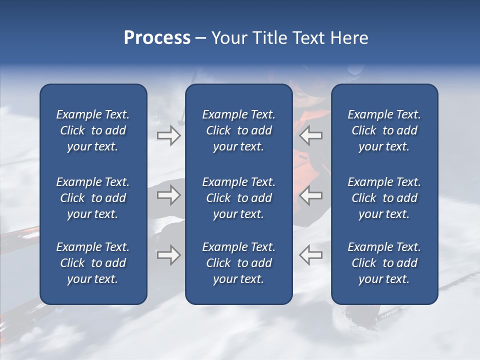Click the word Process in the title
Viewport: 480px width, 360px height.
click(x=157, y=38)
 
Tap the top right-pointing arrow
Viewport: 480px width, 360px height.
click(x=169, y=135)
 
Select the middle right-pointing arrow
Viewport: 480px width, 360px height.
click(x=169, y=195)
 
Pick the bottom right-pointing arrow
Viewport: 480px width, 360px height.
click(x=169, y=255)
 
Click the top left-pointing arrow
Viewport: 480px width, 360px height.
click(x=310, y=135)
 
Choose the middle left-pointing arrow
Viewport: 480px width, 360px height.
click(x=310, y=195)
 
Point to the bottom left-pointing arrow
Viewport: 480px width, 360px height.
click(x=310, y=255)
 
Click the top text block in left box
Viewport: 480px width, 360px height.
click(x=93, y=130)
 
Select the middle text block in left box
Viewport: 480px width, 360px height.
click(x=93, y=198)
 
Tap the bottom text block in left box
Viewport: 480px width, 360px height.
click(x=93, y=263)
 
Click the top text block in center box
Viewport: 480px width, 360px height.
click(x=238, y=130)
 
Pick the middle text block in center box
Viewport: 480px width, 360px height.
click(x=238, y=198)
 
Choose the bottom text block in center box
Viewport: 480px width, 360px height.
click(x=238, y=263)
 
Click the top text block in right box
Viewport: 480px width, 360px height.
click(x=384, y=130)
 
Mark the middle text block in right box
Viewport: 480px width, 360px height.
click(x=384, y=198)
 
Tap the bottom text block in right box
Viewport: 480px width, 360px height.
click(x=384, y=263)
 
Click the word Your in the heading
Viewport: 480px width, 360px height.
click(x=228, y=38)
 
